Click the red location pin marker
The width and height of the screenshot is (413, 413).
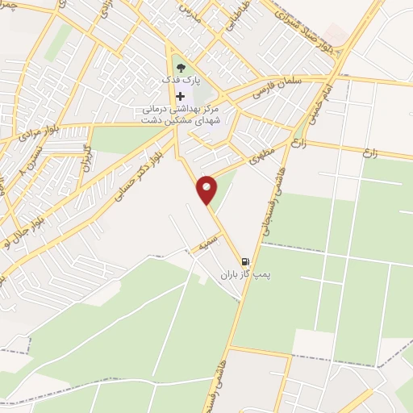pos(208,190)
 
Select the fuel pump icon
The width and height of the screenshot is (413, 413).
pos(245,261)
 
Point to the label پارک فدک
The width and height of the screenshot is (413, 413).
pos(179,82)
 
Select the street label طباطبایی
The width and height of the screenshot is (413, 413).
pos(234,16)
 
